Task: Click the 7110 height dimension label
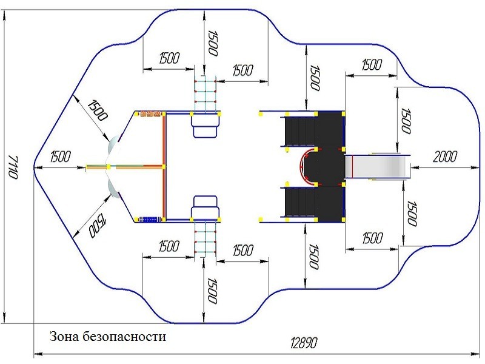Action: pos(12,167)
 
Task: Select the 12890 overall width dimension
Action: pos(304,343)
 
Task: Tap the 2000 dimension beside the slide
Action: pos(445,157)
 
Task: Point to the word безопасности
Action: pos(124,337)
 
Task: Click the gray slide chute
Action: pos(377,167)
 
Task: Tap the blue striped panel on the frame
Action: pos(149,220)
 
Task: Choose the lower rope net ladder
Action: pos(205,239)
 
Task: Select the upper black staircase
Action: pos(300,131)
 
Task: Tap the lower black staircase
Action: pos(300,202)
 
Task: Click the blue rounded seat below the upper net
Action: pos(205,126)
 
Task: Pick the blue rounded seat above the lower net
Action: pos(205,207)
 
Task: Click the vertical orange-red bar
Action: pos(164,167)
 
